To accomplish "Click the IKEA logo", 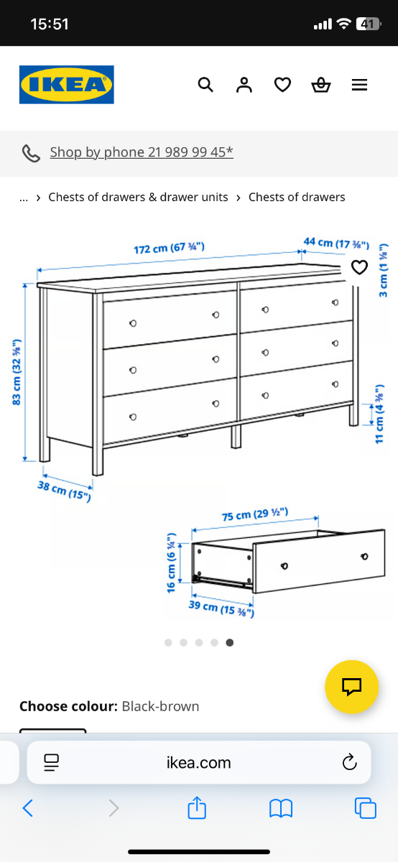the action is [67, 85].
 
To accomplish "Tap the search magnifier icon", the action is [205, 85].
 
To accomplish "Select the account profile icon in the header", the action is [244, 85].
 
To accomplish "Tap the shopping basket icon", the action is [321, 85].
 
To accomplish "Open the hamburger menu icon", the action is [359, 85].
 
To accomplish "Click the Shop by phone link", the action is [142, 152].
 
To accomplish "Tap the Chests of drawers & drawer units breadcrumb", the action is [138, 197].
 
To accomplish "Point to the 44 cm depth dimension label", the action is [336, 244].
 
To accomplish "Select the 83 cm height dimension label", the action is [17, 372].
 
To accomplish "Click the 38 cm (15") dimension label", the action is [64, 491].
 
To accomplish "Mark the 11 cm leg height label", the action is [379, 414].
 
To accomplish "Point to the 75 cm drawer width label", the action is [255, 514].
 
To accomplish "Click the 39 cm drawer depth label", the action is [221, 608].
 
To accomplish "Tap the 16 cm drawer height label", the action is [171, 562].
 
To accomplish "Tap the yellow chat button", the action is [352, 687].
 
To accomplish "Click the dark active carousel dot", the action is [230, 642].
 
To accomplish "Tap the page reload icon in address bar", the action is [349, 762].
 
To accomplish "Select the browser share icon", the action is [197, 807].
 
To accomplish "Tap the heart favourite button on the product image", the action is [359, 267].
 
